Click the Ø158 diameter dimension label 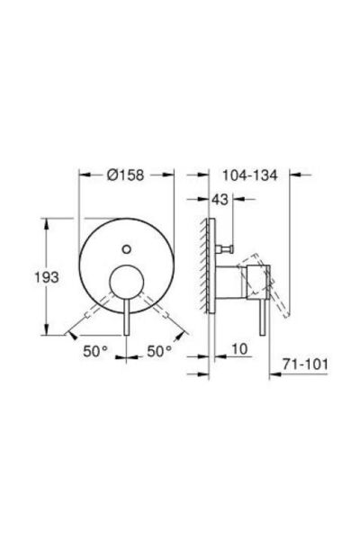click(125, 175)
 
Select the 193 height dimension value click(47, 277)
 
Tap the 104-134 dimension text click(249, 175)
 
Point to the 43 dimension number click(220, 199)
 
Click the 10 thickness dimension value click(239, 349)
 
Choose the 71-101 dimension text click(304, 364)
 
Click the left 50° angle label click(95, 351)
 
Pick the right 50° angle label click(159, 351)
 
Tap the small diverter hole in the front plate click(126, 248)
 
